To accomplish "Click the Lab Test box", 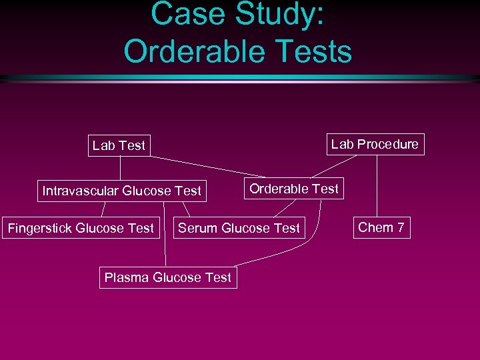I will coord(119,145).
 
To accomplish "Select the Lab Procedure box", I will coord(375,144).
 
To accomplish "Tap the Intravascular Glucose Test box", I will coord(121,191).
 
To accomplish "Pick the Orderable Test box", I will coord(294,189).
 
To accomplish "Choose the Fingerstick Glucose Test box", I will coord(81,228).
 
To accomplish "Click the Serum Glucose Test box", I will coord(239,228).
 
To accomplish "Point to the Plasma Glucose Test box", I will coord(168,277).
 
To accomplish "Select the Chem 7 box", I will coord(381,227).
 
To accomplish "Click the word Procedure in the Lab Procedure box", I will coord(388,144).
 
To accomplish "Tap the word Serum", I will coord(197,228).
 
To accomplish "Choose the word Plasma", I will coord(125,277).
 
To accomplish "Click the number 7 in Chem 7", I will coord(400,227).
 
